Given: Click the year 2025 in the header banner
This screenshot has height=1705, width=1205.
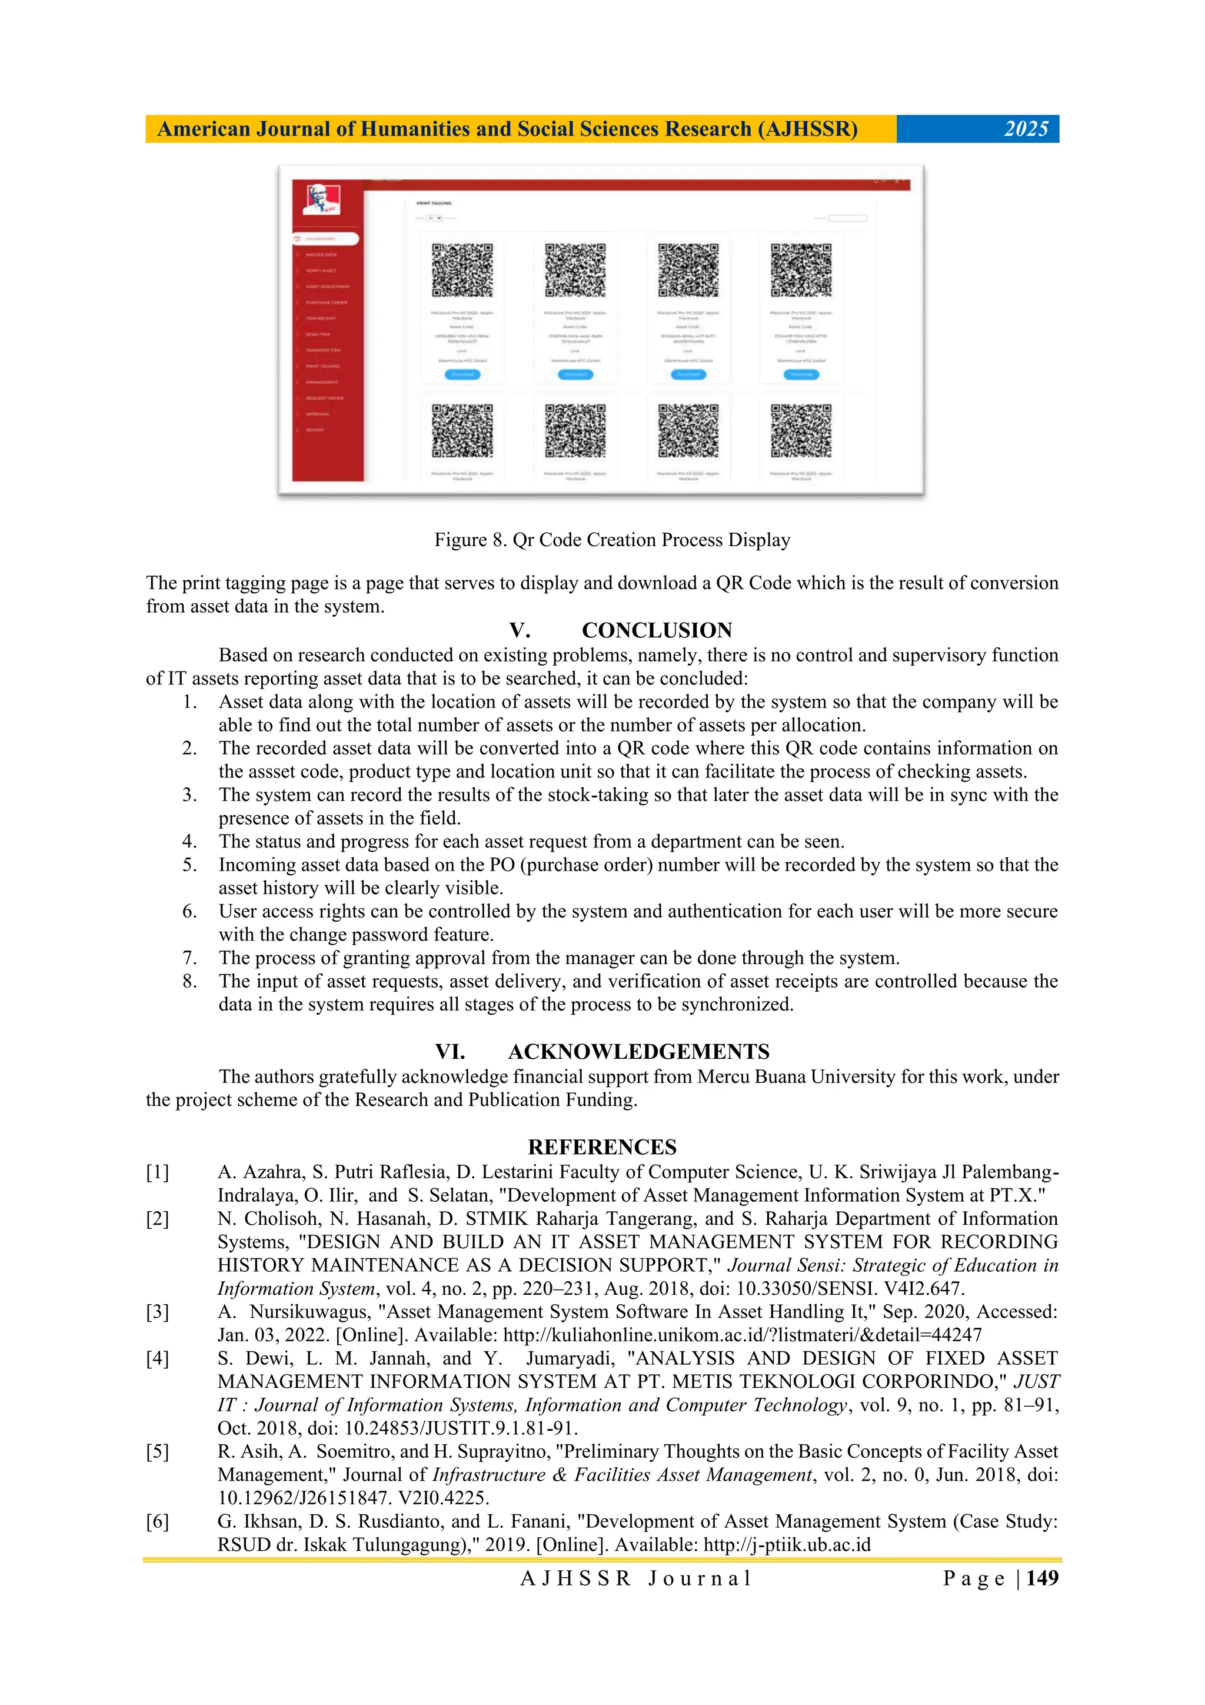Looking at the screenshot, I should [1026, 129].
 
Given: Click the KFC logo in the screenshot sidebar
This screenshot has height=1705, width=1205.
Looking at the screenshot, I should [323, 200].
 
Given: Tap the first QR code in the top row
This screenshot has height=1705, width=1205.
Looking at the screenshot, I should [462, 270].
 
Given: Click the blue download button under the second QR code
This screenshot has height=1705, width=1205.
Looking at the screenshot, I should [575, 374].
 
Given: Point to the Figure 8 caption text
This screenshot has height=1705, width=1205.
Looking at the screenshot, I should [612, 540].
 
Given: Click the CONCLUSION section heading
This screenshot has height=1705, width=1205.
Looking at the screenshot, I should [656, 630].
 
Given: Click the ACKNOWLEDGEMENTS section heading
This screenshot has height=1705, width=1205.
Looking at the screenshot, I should [638, 1052].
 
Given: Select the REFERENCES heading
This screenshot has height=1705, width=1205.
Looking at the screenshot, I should [602, 1147].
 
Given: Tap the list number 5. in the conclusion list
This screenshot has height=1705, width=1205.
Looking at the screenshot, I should [190, 865].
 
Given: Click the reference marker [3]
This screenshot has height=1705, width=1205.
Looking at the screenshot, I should [158, 1312].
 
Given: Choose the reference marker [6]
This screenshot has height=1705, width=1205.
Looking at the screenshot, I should [158, 1521].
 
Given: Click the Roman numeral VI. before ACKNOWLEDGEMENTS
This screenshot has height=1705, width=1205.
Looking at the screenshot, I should [450, 1052].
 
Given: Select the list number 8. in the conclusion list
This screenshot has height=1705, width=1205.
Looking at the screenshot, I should [190, 981].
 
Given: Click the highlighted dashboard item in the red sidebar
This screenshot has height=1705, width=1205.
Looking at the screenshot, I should [326, 239].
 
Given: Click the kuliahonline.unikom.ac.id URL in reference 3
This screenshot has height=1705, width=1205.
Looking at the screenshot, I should [742, 1335].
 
